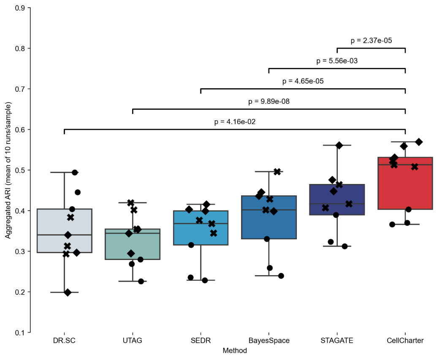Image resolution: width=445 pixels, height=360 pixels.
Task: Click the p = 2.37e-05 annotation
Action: coord(372,41)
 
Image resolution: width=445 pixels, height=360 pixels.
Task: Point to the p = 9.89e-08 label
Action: coord(269,102)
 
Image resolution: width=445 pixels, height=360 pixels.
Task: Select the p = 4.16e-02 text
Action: coord(235,122)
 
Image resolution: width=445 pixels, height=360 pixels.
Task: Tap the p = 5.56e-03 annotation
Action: coord(337,61)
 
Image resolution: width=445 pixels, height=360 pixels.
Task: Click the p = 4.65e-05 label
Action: coord(303,81)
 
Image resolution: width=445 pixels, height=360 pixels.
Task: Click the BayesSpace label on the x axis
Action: coord(269,341)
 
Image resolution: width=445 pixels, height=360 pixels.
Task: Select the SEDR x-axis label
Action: coord(201,341)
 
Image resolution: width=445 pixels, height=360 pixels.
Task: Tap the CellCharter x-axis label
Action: coord(405,341)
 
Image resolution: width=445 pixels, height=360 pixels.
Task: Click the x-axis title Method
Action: coord(235,351)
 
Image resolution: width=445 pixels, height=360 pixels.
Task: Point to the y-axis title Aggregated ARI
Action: coord(8,170)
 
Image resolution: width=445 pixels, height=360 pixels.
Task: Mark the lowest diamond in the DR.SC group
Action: coord(68,292)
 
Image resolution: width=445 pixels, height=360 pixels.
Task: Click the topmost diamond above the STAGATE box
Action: coord(339,145)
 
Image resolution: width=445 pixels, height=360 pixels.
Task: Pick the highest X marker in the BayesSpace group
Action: coord(277,172)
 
